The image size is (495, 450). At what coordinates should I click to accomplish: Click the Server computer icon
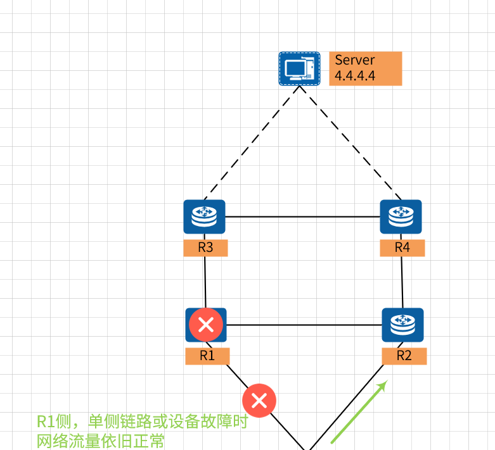tap(299, 68)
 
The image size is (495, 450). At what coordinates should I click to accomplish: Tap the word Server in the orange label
tap(355, 60)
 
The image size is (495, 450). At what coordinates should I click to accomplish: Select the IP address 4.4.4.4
tap(355, 76)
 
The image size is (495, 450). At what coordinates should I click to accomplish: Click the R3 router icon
tap(204, 217)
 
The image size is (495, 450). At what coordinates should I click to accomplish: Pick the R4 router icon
tap(401, 217)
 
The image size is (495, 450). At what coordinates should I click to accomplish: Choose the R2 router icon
tap(402, 325)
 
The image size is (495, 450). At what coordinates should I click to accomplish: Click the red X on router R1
tap(206, 325)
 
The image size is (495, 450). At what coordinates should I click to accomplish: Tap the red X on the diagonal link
tap(259, 400)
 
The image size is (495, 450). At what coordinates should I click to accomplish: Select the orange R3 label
tap(205, 247)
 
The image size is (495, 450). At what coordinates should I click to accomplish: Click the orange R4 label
tap(402, 247)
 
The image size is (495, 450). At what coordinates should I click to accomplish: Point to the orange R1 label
tap(207, 356)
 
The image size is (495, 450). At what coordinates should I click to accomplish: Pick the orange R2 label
tap(404, 356)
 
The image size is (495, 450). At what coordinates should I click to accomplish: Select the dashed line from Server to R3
tap(252, 142)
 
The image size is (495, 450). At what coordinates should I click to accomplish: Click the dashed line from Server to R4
tap(350, 142)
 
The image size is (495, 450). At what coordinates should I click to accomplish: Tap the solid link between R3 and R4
tap(302, 217)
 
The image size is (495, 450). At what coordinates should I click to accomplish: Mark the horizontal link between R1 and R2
tap(304, 325)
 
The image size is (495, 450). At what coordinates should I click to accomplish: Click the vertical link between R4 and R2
tap(402, 282)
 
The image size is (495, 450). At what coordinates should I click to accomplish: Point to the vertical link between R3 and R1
tap(205, 282)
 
